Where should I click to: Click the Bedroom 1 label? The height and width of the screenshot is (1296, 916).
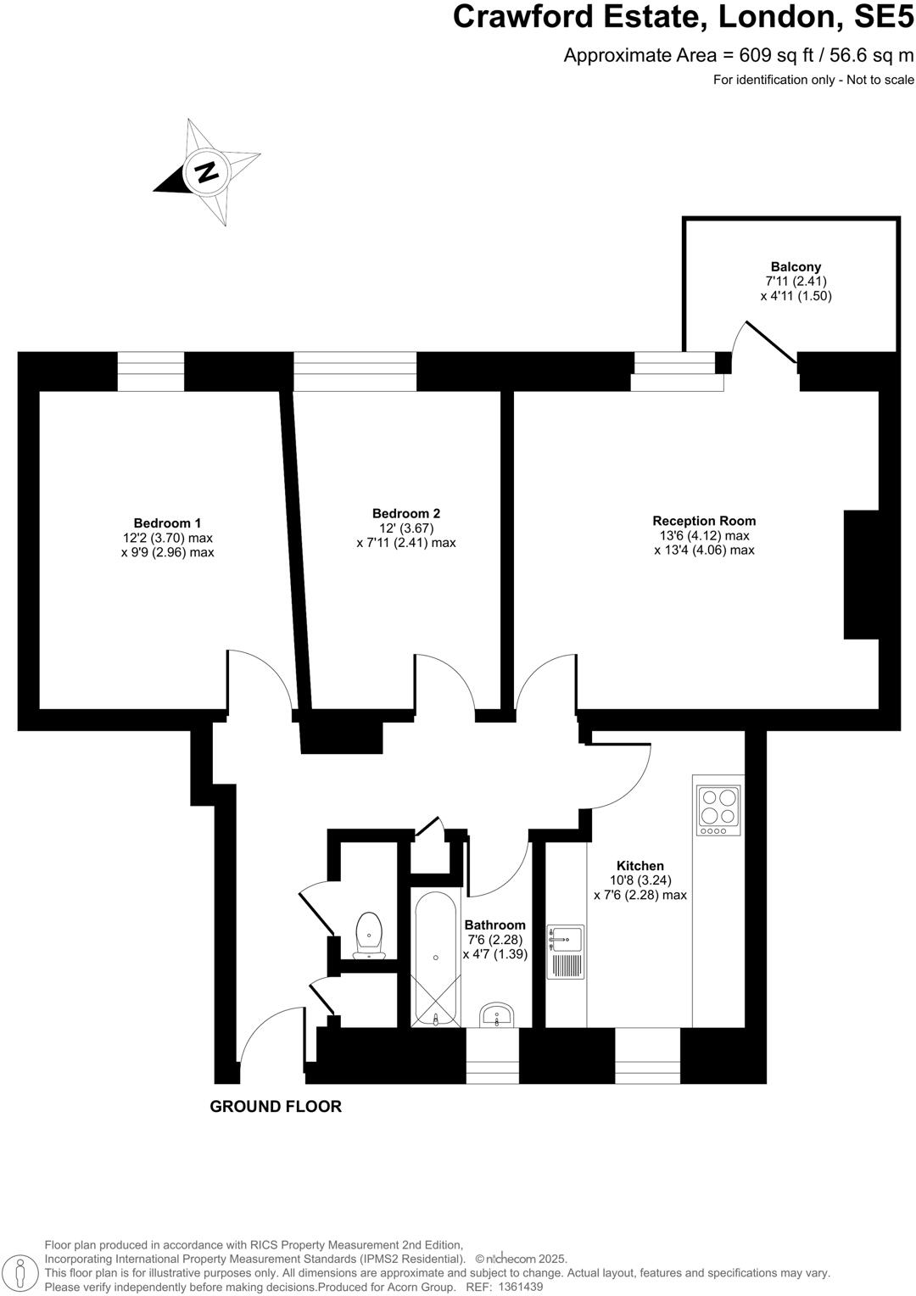point(167,522)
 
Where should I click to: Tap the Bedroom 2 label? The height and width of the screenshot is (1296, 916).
point(405,513)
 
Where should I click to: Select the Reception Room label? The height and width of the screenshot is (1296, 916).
point(704,521)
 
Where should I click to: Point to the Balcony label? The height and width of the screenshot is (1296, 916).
point(796,266)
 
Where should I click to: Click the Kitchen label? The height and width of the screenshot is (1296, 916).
point(640,866)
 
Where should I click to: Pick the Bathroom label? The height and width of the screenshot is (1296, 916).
point(494,925)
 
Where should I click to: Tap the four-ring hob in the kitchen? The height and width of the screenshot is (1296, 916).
point(718,807)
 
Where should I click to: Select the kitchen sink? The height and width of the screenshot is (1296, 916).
point(566,939)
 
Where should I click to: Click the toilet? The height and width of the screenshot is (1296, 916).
point(369,934)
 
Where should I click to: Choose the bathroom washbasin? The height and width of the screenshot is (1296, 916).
point(496,1014)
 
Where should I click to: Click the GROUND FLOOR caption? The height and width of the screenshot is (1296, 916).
point(276,1106)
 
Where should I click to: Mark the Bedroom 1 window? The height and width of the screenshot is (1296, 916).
point(150,371)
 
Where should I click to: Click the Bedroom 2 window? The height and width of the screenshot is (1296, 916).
point(355,371)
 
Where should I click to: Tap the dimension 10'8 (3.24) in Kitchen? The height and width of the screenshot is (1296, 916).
point(640,880)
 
